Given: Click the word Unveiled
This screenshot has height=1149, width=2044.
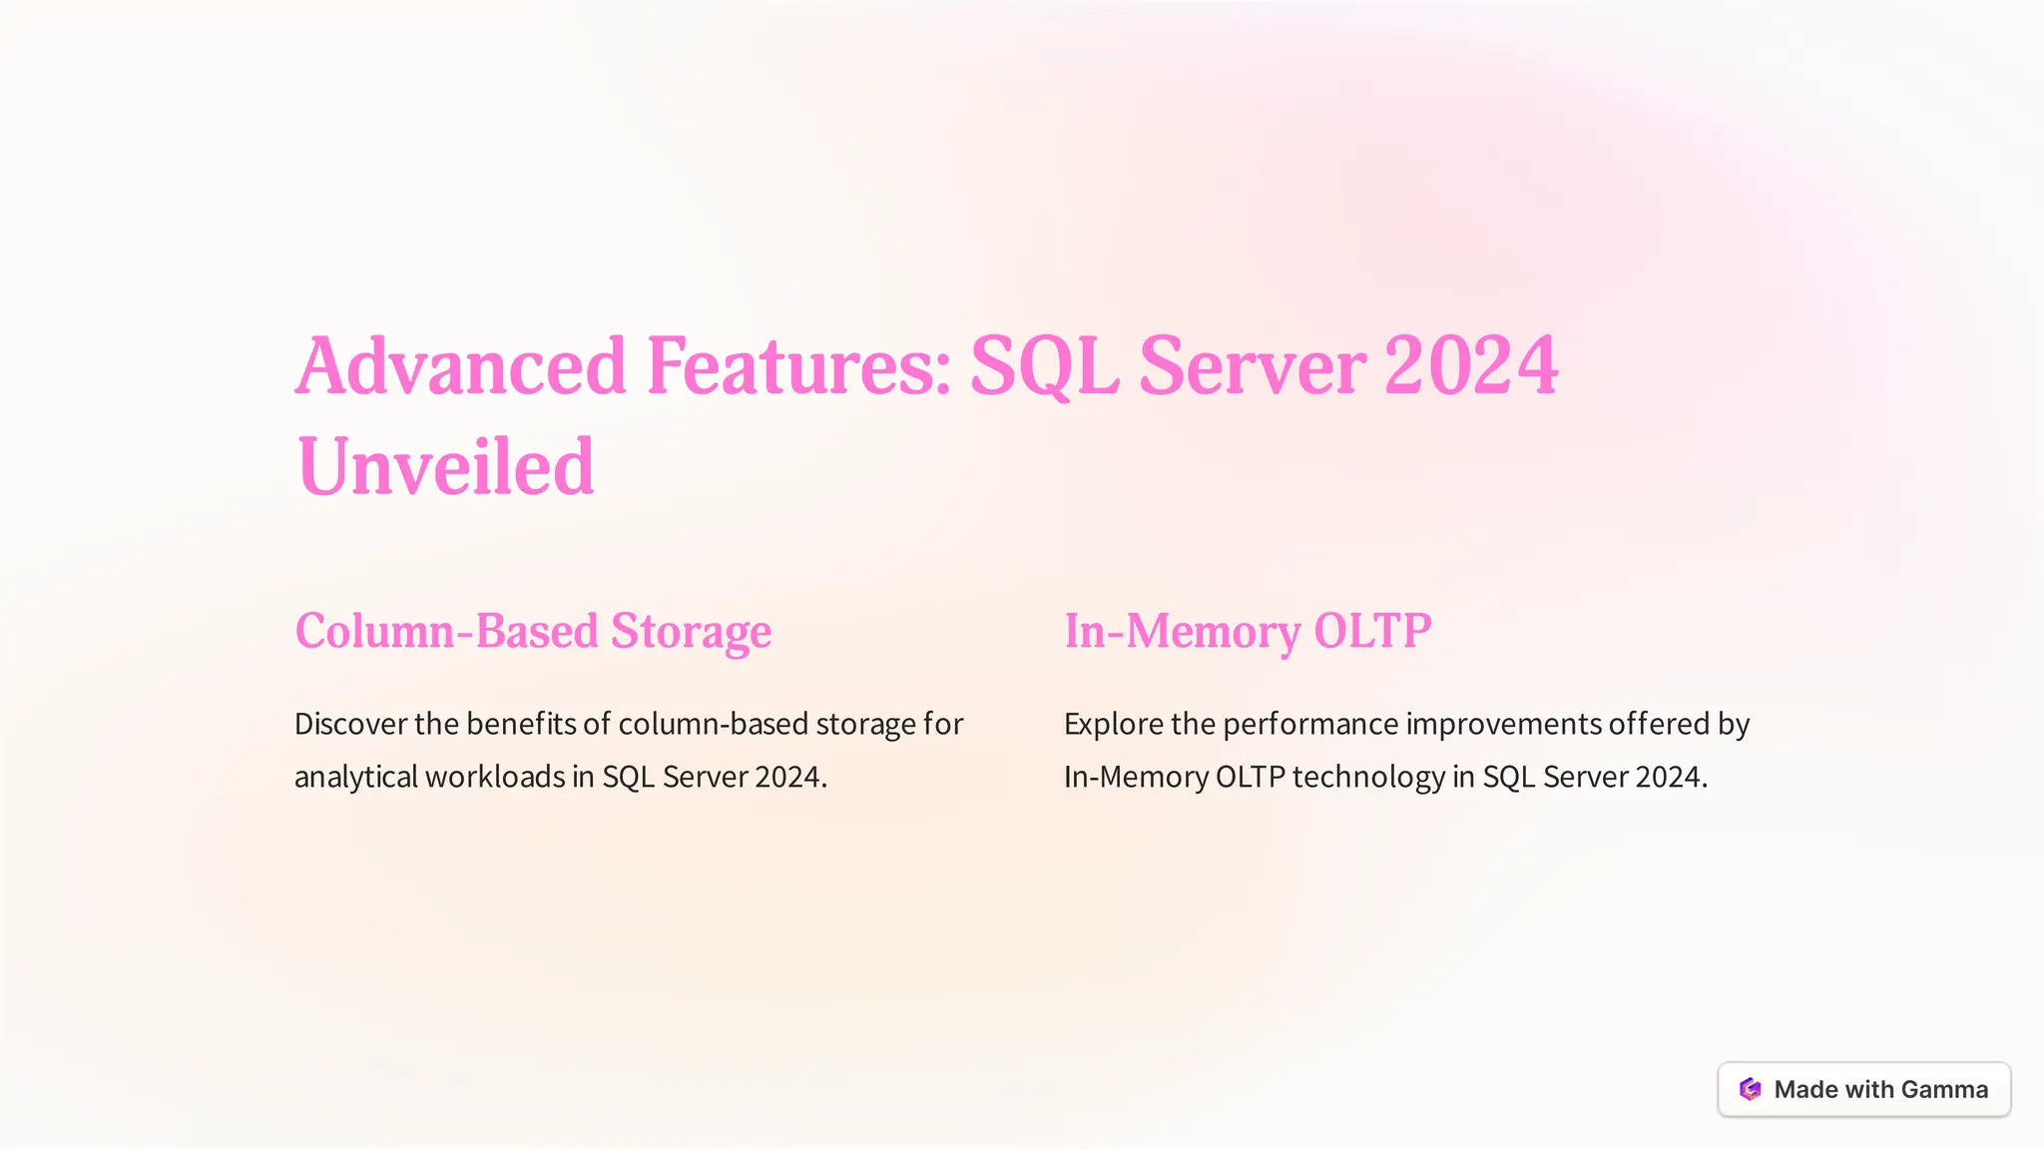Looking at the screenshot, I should point(445,467).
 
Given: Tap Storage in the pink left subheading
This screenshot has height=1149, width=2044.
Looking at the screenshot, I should point(691,631).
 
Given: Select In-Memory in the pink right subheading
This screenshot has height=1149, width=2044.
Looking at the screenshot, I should point(1182,631).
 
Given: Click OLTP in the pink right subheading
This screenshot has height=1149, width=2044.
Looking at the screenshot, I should point(1372,631).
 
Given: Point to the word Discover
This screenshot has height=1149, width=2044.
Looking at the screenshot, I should point(350,724).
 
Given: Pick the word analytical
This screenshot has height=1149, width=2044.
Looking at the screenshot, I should point(355,777).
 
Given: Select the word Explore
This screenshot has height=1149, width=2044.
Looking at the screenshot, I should point(1113,724).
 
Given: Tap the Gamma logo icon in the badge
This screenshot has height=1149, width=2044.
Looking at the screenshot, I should point(1750,1089).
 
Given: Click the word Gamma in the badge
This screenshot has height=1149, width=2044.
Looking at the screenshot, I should point(1943,1089).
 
